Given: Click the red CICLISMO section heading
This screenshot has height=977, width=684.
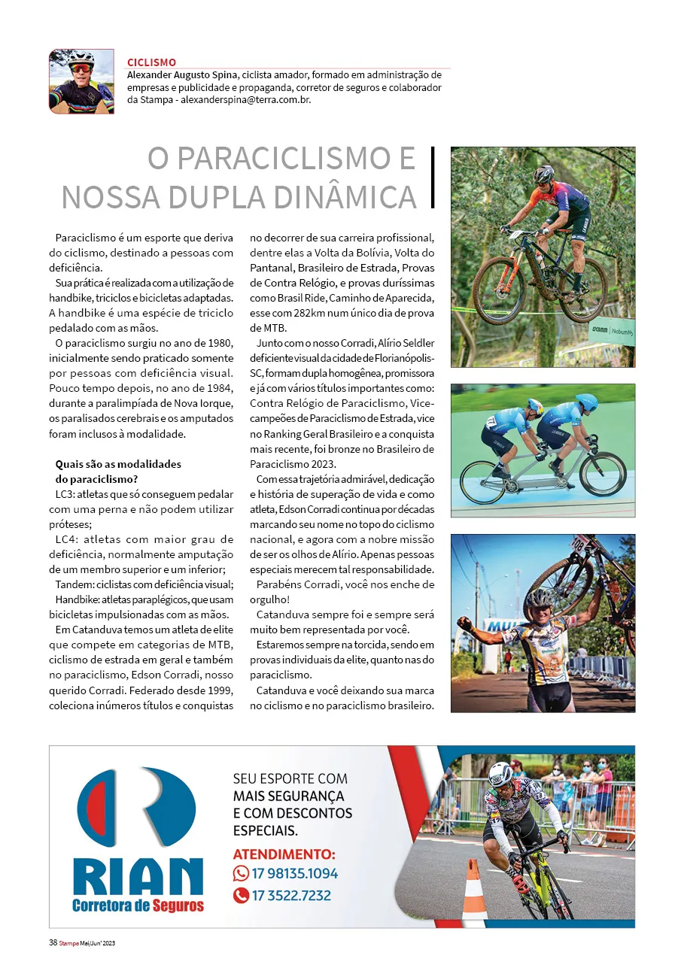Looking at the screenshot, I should tap(152, 62).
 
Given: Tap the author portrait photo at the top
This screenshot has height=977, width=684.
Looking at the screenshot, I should tap(81, 81).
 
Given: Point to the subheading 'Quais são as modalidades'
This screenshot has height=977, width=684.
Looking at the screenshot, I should tap(118, 464).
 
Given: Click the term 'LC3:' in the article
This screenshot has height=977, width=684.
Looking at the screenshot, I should tap(66, 494).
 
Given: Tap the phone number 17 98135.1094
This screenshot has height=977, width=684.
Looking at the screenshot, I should tap(294, 873).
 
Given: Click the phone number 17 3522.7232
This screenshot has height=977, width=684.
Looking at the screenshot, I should tap(291, 895).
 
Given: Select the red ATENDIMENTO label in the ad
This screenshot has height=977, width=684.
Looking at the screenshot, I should tap(284, 854).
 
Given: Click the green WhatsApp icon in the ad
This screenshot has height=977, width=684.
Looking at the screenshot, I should tap(241, 873).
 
